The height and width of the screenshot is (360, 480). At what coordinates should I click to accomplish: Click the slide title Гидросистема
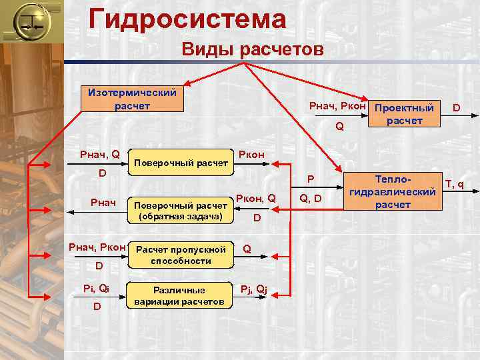pyautogui.click(x=187, y=19)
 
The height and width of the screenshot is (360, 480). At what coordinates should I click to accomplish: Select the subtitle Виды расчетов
pyautogui.click(x=253, y=50)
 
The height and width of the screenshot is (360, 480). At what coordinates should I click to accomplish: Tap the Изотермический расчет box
pyautogui.click(x=128, y=99)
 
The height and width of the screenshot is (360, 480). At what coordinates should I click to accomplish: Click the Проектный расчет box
pyautogui.click(x=405, y=113)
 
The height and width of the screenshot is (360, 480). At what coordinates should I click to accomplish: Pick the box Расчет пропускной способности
pyautogui.click(x=181, y=255)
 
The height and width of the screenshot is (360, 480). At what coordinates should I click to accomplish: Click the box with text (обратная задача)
pyautogui.click(x=183, y=210)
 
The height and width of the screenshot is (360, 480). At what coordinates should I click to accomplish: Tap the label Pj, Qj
pyautogui.click(x=254, y=289)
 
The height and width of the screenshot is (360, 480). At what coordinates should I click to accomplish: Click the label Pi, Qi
pyautogui.click(x=96, y=289)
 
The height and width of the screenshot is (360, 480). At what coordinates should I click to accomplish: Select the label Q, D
pyautogui.click(x=311, y=198)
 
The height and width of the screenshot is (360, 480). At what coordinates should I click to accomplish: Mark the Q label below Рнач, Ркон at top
pyautogui.click(x=339, y=125)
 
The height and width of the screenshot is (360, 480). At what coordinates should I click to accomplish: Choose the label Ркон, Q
pyautogui.click(x=256, y=197)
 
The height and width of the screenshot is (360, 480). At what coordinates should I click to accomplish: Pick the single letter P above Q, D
pyautogui.click(x=310, y=179)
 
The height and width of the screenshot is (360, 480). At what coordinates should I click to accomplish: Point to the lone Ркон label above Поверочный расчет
pyautogui.click(x=251, y=155)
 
